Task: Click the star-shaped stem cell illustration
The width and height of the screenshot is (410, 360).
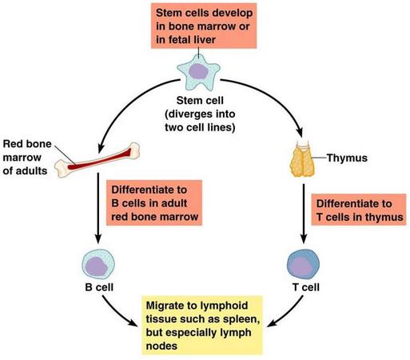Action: click(198, 73)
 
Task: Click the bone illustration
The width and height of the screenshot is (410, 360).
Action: click(98, 160)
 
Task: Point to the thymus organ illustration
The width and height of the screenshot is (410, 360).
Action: click(302, 159)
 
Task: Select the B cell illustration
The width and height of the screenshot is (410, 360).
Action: click(98, 264)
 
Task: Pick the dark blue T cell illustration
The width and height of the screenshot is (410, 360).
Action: click(303, 264)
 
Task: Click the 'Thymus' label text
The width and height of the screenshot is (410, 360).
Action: click(347, 158)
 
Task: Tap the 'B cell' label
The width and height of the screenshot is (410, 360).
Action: click(99, 287)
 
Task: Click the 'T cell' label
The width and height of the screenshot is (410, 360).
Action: click(306, 287)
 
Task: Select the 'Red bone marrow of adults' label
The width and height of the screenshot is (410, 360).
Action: click(27, 158)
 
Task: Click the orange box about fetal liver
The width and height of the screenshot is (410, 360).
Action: click(204, 26)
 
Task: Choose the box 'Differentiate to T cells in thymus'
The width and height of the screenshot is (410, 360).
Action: click(359, 210)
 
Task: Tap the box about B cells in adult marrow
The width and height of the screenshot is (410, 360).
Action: click(154, 203)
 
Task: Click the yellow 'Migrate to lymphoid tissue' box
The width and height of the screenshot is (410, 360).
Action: click(202, 326)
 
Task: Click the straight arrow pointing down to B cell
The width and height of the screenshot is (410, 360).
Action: click(98, 208)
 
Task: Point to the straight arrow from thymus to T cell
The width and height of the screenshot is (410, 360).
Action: click(304, 214)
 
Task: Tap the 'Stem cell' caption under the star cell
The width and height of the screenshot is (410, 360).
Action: click(200, 101)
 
